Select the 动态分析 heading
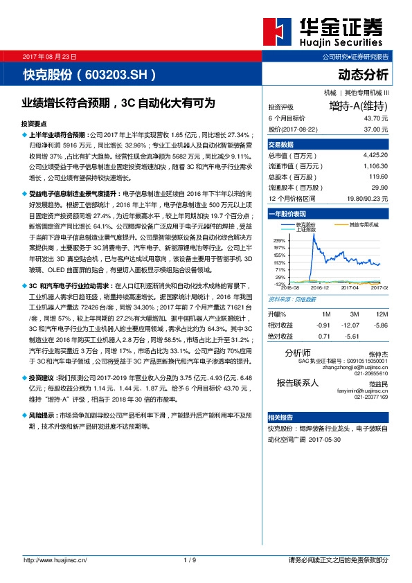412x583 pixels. [364, 74]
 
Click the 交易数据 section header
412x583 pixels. [281, 144]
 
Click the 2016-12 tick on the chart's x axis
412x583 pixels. [320, 287]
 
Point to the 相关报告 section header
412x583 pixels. [281, 418]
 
